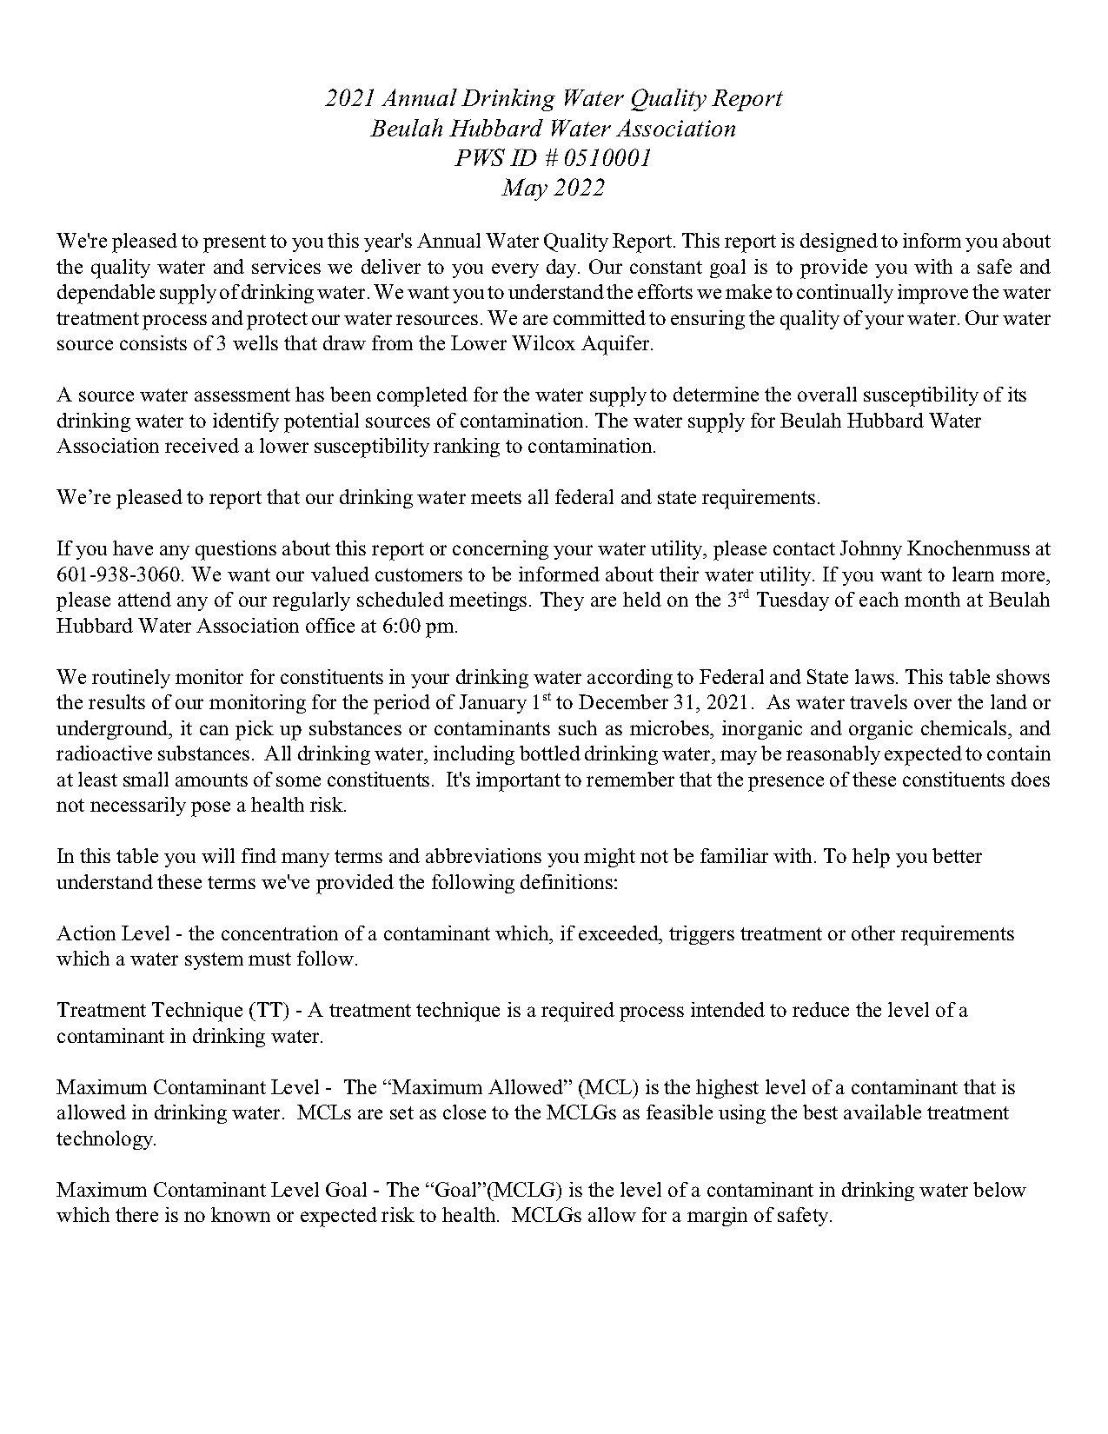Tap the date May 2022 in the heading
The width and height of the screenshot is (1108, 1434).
pos(553,188)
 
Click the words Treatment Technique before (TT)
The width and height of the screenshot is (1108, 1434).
pos(149,1011)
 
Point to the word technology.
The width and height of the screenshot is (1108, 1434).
pos(105,1139)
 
